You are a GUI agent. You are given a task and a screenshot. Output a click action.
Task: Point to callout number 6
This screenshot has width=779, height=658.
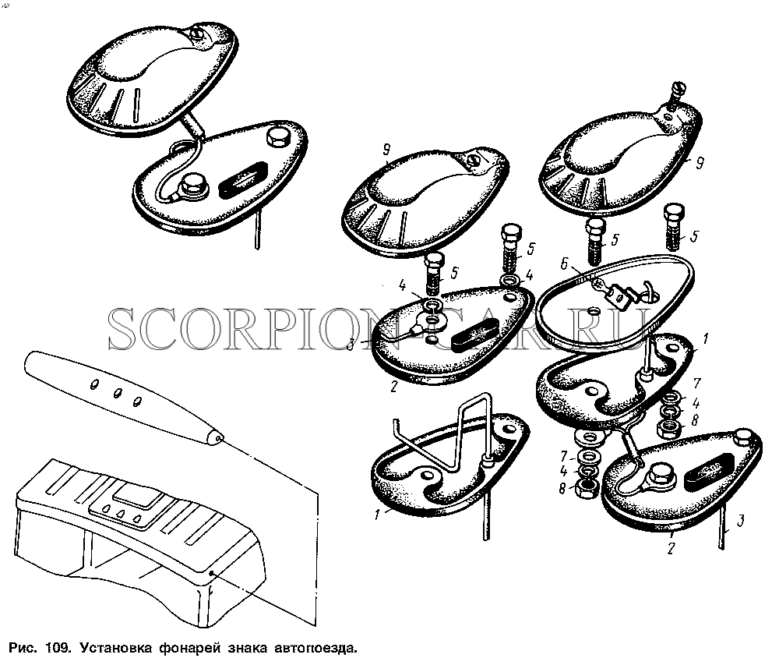(x=563, y=264)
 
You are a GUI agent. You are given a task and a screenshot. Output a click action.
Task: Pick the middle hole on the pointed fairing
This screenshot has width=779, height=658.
(x=118, y=394)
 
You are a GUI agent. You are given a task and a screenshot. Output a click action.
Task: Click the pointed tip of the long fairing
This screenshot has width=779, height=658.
(x=220, y=437)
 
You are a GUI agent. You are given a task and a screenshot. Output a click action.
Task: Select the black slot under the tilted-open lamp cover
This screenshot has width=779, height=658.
(x=244, y=180)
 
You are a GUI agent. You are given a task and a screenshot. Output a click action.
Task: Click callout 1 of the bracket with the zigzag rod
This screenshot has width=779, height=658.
(x=378, y=513)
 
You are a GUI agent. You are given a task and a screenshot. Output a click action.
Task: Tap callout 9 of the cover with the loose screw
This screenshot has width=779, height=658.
(x=700, y=163)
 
